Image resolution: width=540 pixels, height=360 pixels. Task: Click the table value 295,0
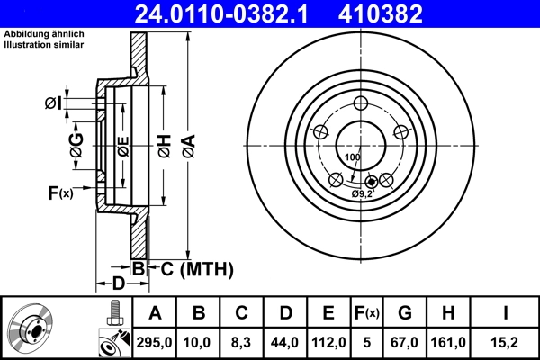155,341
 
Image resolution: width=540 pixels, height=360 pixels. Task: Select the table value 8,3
241,341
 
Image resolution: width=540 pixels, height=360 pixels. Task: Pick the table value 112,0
328,341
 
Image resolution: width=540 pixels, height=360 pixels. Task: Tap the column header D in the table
284,313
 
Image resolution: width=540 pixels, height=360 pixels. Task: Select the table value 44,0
284,341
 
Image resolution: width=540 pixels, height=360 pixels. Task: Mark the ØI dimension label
53,103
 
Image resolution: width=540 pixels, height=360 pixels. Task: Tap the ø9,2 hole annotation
363,193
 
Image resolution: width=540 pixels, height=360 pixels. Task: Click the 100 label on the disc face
352,157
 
